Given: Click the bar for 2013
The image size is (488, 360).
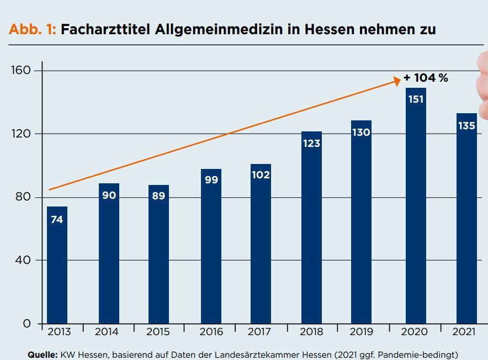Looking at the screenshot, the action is (x=57, y=265).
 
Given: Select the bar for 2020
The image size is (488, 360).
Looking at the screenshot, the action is (x=416, y=206).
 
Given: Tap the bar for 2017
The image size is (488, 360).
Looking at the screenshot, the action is (x=261, y=244).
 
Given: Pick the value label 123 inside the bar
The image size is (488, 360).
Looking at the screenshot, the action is (x=311, y=143).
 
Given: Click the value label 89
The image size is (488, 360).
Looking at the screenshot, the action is (x=158, y=195).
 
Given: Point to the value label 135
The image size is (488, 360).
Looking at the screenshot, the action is (x=466, y=125).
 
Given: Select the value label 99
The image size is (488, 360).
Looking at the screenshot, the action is (x=211, y=179).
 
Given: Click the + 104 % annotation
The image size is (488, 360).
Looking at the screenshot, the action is (x=426, y=77).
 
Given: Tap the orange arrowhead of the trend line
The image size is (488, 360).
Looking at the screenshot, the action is (x=397, y=81).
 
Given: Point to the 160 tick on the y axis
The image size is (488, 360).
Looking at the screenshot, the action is (x=21, y=70).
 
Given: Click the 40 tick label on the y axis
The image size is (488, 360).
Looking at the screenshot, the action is (x=23, y=260).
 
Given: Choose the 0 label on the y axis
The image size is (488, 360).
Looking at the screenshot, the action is (x=26, y=324).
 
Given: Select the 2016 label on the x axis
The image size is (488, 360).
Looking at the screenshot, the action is (x=211, y=332).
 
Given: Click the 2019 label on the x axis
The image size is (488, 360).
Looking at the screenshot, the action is (x=361, y=332).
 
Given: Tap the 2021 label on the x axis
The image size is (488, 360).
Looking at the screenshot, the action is (x=464, y=332).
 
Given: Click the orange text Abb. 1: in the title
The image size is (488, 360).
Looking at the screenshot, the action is (x=33, y=29).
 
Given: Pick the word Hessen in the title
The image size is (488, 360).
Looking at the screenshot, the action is (x=329, y=29).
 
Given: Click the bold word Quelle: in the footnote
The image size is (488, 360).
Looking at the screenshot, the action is (x=43, y=354).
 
